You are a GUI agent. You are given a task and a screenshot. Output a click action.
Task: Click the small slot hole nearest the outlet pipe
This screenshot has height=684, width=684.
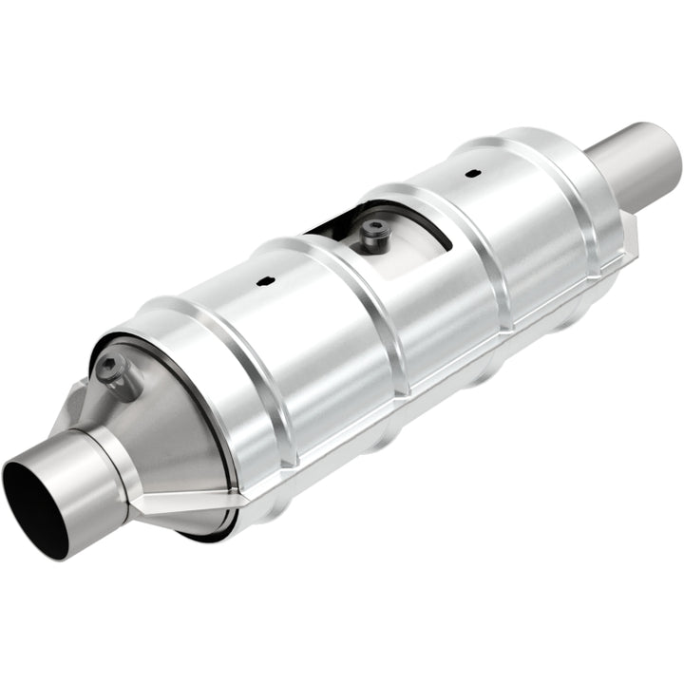(471, 174)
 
